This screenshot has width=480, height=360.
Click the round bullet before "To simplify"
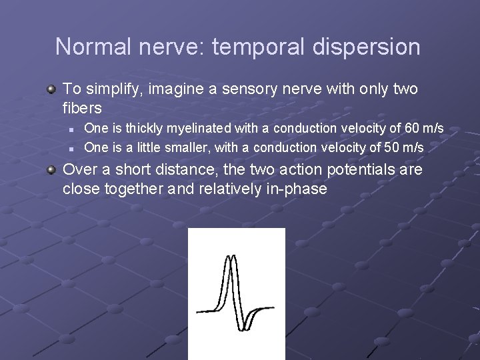tap(51, 89)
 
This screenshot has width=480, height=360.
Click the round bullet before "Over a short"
tap(51, 170)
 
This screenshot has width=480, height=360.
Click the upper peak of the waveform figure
tap(229, 257)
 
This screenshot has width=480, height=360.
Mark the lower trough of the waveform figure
tap(242, 328)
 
